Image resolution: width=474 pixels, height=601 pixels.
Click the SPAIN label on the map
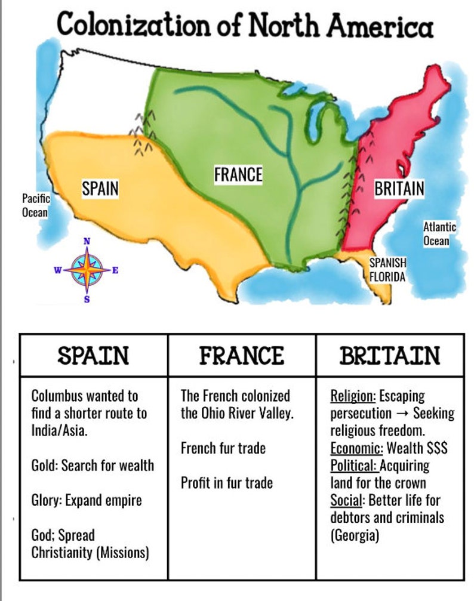pyautogui.click(x=100, y=189)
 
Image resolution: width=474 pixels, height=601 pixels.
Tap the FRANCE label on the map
pyautogui.click(x=238, y=174)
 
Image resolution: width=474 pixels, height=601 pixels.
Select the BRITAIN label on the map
pyautogui.click(x=399, y=189)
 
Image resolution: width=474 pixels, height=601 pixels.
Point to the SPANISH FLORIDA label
pyautogui.click(x=387, y=270)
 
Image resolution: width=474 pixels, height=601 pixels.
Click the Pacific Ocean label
pyautogui.click(x=36, y=205)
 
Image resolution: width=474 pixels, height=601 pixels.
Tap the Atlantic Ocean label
pyautogui.click(x=439, y=234)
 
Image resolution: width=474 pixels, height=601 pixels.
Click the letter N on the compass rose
pyautogui.click(x=87, y=241)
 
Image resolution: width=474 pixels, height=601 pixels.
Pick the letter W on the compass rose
pyautogui.click(x=58, y=270)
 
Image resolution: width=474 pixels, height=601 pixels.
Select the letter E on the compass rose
pyautogui.click(x=115, y=270)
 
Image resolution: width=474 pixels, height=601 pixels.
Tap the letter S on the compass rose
pyautogui.click(x=87, y=299)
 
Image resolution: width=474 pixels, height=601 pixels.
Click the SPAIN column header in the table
pyautogui.click(x=93, y=356)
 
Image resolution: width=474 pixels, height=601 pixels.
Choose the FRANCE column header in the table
pyautogui.click(x=241, y=356)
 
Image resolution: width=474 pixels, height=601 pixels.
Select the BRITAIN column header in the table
pyautogui.click(x=390, y=356)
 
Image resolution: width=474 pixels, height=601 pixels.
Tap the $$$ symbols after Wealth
pyautogui.click(x=436, y=448)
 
